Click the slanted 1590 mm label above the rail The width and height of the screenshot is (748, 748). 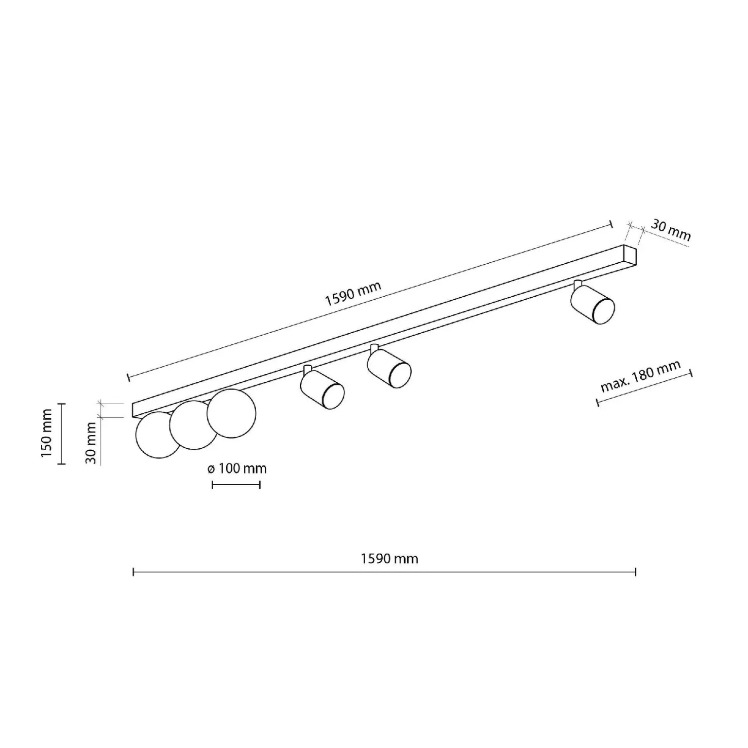click(x=354, y=293)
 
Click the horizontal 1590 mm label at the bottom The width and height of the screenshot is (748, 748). click(x=389, y=559)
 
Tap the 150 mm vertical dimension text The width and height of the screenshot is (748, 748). click(x=46, y=433)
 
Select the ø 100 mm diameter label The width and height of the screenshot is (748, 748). click(x=237, y=469)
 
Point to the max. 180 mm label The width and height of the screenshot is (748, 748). click(x=640, y=376)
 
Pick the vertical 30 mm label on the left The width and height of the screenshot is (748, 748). click(x=91, y=442)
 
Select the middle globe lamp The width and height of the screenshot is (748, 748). click(x=194, y=425)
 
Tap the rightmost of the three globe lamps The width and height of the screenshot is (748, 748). click(x=231, y=413)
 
